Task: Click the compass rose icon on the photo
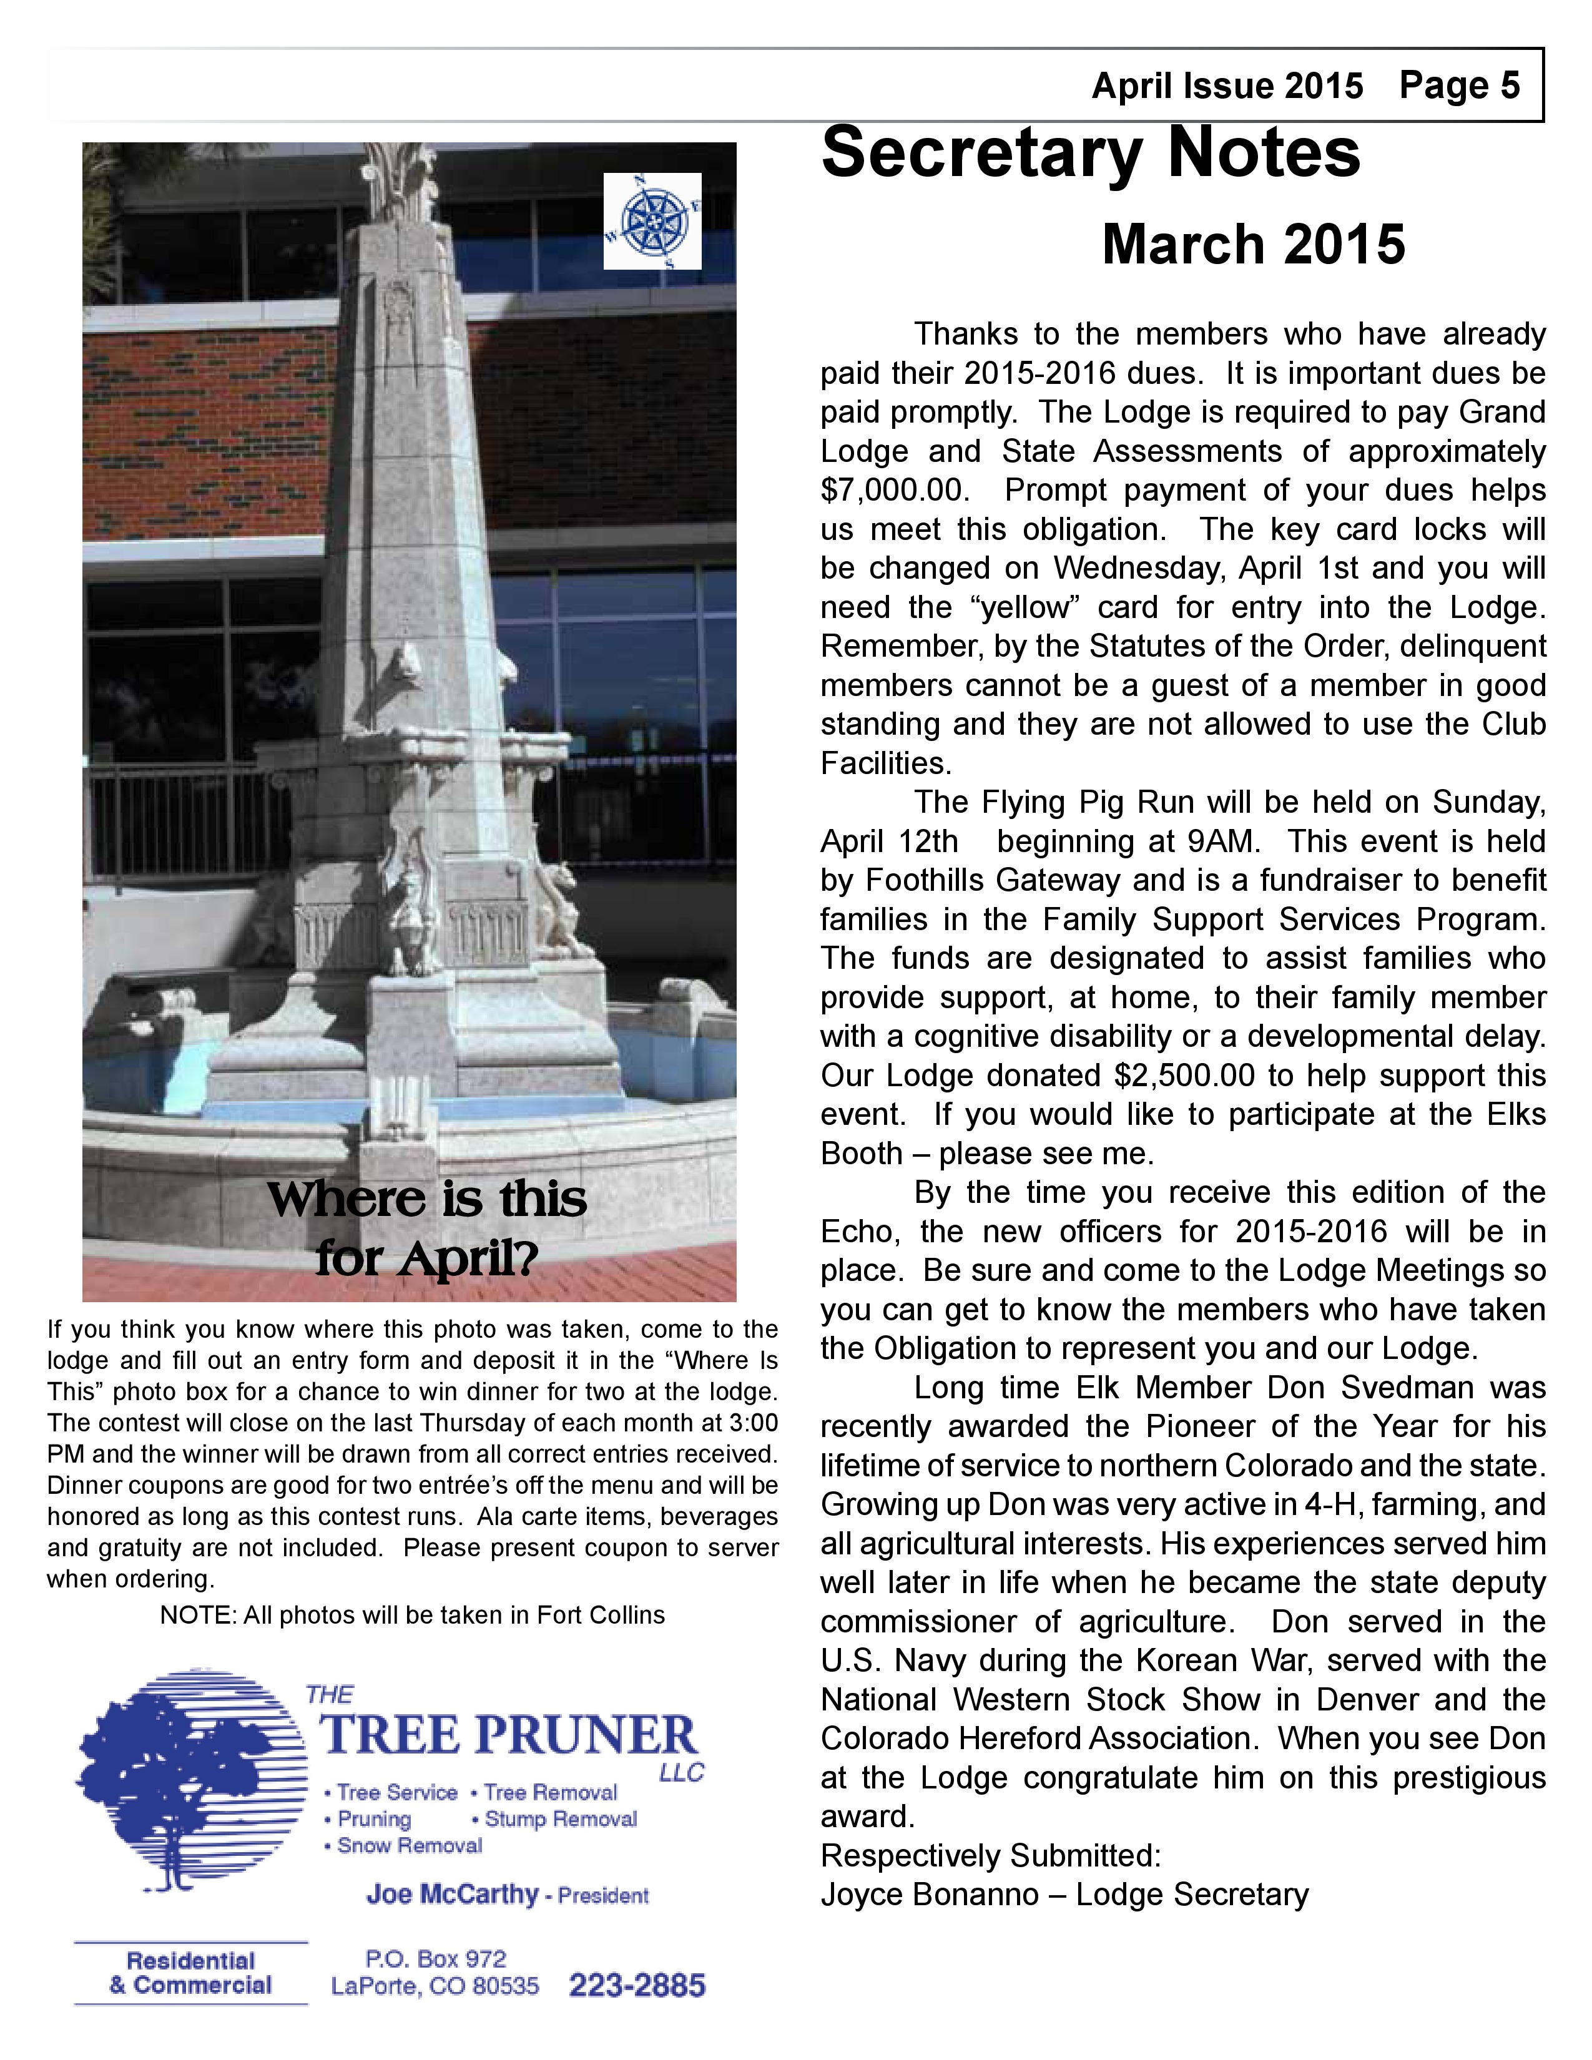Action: click(652, 221)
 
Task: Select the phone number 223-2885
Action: click(637, 1986)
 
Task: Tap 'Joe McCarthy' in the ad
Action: click(452, 1894)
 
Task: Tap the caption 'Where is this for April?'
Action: click(427, 1227)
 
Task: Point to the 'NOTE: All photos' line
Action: click(412, 1615)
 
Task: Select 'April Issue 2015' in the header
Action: click(1227, 86)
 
